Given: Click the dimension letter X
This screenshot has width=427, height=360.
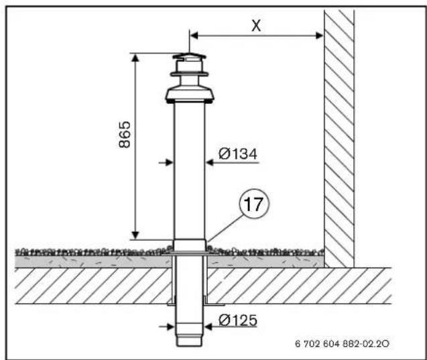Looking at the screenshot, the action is (256, 26).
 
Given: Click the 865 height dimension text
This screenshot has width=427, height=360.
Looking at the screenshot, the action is (125, 135).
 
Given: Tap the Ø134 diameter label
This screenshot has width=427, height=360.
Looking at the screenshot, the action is (238, 154).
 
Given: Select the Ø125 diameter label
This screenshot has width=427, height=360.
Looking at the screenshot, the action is (238, 320).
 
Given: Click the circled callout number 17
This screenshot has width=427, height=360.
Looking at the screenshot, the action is (254, 204).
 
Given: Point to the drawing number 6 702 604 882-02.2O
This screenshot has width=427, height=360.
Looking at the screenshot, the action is (342, 343).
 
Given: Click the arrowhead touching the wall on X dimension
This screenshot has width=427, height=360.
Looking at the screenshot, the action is (320, 36).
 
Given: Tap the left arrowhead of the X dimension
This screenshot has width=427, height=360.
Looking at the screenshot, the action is (194, 36).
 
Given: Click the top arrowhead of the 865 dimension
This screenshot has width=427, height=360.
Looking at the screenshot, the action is (135, 58).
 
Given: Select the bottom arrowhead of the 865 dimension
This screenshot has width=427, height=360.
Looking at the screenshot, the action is (135, 235).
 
